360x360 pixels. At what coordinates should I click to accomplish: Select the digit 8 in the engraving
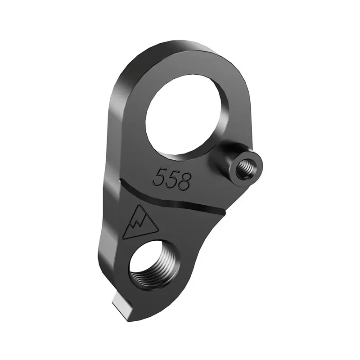[184, 181]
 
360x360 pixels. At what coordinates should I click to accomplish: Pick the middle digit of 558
[171, 179]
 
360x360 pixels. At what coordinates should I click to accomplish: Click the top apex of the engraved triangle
[137, 206]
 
